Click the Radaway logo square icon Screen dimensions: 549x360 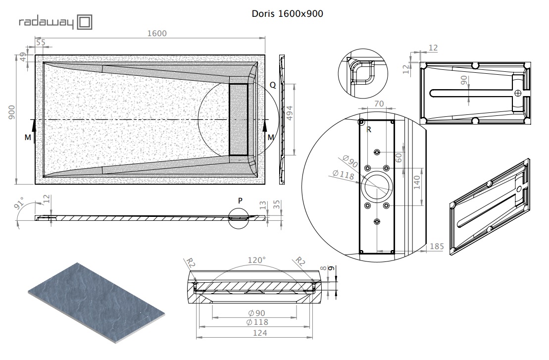coord(84,22)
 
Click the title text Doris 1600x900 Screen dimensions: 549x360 coord(288,14)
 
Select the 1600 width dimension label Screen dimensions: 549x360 coord(157,33)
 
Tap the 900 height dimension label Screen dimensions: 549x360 coord(11,112)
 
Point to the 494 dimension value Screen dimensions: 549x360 coord(289,113)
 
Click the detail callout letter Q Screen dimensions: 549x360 coord(273,85)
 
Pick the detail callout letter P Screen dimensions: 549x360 coord(240,201)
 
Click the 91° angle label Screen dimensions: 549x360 coord(19,203)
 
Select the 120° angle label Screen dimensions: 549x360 coord(256,260)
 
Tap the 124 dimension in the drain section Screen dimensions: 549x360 coord(260,333)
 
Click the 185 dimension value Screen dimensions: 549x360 coord(437,246)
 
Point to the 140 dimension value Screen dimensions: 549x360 coord(417,182)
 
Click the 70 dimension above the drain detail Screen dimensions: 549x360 coord(379,103)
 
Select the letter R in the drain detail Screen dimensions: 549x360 coord(369,130)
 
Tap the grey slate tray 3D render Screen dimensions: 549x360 coord(96,303)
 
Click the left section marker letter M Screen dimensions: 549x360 coord(28,138)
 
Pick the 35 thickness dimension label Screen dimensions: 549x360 coord(277,205)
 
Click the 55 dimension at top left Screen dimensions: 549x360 coord(41,43)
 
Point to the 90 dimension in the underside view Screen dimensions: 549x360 coord(463,80)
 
